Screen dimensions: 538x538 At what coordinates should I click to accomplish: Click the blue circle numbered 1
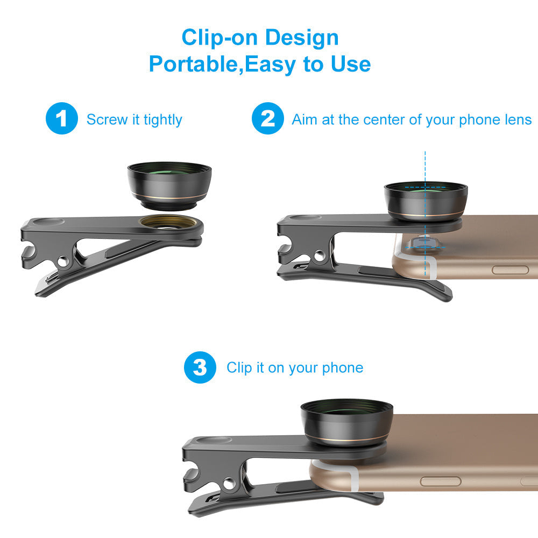62,119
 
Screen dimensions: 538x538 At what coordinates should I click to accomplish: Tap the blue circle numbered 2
267,119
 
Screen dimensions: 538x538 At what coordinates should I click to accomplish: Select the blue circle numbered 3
200,368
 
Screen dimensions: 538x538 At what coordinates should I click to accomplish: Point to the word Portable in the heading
195,64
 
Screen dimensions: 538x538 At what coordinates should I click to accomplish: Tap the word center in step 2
384,119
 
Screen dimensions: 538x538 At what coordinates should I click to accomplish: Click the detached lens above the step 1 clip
169,185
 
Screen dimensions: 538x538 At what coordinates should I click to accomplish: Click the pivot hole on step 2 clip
320,257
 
